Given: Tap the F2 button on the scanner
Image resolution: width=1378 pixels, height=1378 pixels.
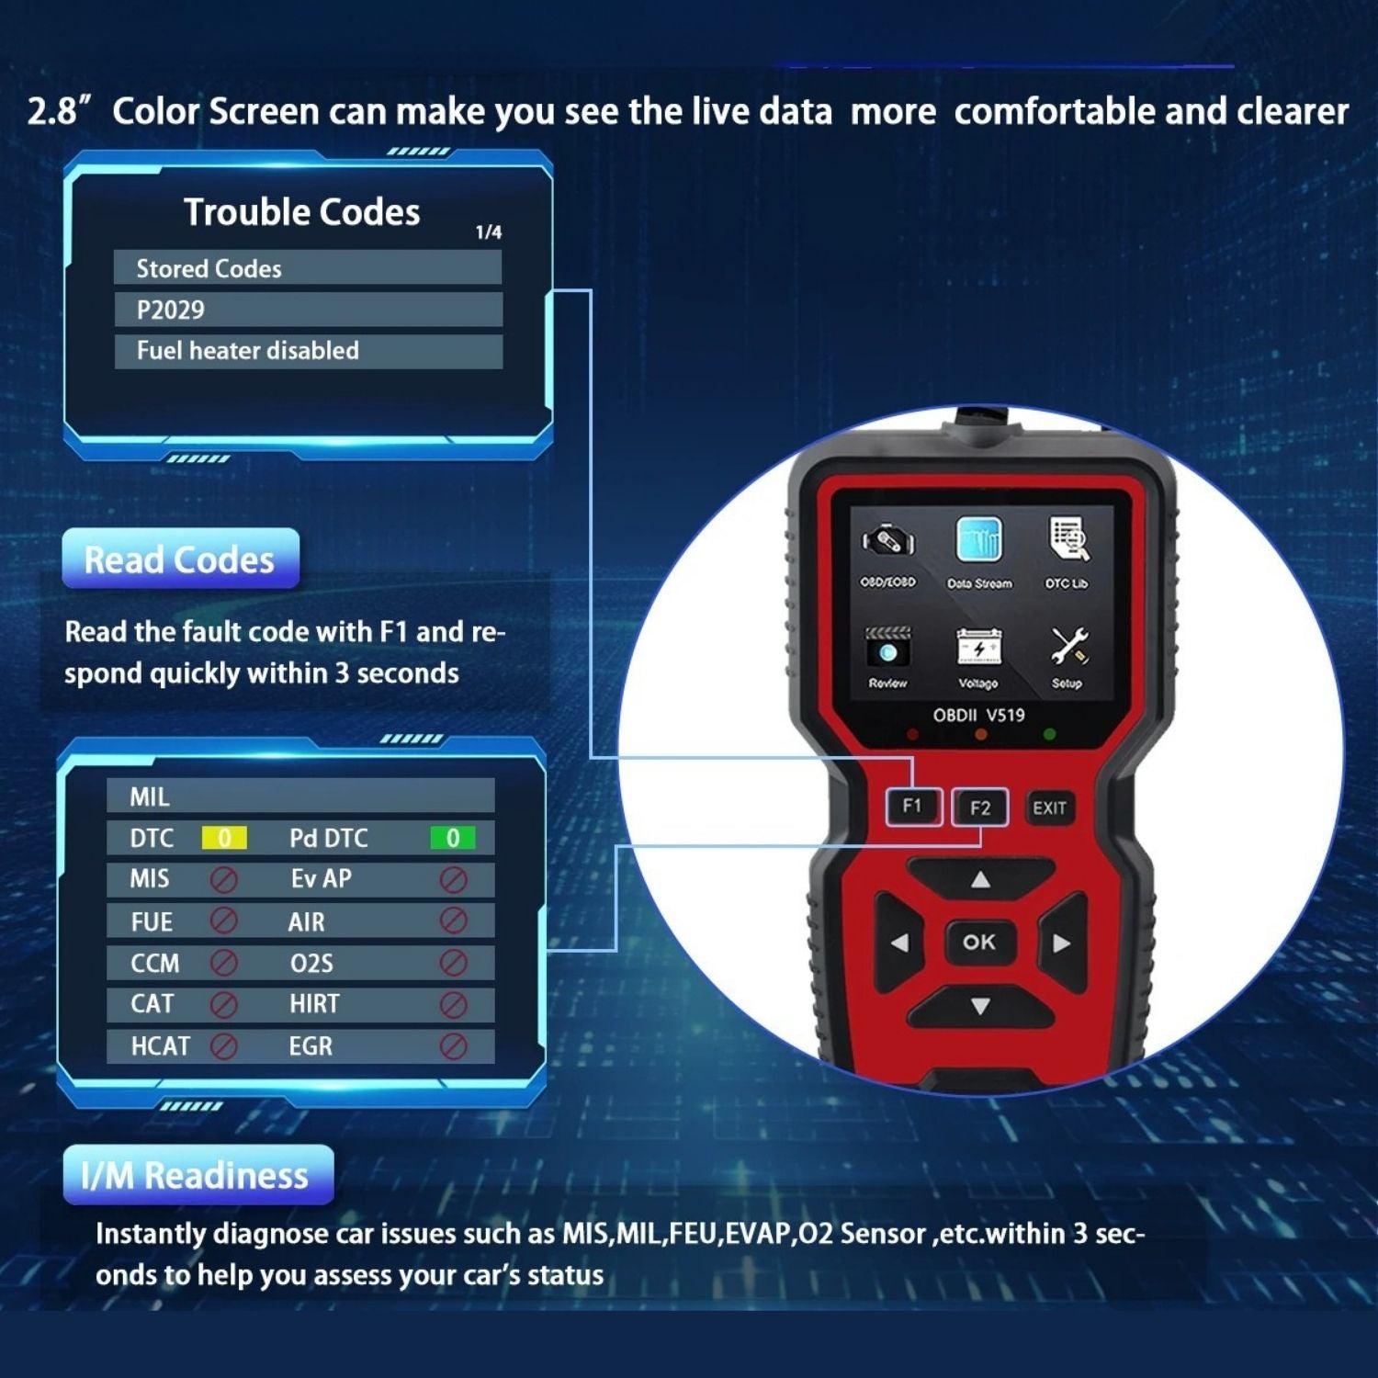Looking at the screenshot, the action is pos(979,808).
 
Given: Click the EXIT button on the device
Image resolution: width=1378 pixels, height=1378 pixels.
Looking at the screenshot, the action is pos(1049,808).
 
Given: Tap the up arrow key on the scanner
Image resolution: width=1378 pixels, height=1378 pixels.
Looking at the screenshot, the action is pos(980,879).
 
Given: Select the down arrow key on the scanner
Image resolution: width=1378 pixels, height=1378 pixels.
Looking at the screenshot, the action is pos(980,1007).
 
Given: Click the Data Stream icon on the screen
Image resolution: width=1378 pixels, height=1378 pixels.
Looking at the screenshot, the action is pos(978,539).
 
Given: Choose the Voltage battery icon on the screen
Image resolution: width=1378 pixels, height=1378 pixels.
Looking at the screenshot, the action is pos(978,647).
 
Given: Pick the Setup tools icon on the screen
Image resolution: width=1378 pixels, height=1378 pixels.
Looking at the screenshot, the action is pos(1068,647).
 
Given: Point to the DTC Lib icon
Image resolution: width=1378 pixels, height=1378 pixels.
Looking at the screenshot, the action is pos(1067,539).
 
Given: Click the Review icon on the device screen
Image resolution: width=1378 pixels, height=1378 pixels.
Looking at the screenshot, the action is pos(887,647).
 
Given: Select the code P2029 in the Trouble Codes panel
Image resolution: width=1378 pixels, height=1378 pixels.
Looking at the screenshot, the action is pos(171,310).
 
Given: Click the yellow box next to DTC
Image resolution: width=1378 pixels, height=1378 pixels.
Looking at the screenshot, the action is pos(224,838).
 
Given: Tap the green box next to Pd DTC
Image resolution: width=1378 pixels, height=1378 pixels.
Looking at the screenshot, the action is pos(453,838).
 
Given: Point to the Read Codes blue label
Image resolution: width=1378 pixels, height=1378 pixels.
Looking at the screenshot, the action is pos(181,559).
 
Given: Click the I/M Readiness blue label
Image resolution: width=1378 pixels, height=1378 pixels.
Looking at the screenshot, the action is pos(198,1175).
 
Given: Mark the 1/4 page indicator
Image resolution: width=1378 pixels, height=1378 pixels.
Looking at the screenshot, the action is pos(489,232).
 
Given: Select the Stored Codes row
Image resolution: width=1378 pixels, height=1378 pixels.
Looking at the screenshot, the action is pos(308,268).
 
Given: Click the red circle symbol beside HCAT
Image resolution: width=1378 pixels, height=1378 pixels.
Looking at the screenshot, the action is pos(224,1045).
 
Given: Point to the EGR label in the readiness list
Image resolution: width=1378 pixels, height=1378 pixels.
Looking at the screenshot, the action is pos(311,1045).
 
